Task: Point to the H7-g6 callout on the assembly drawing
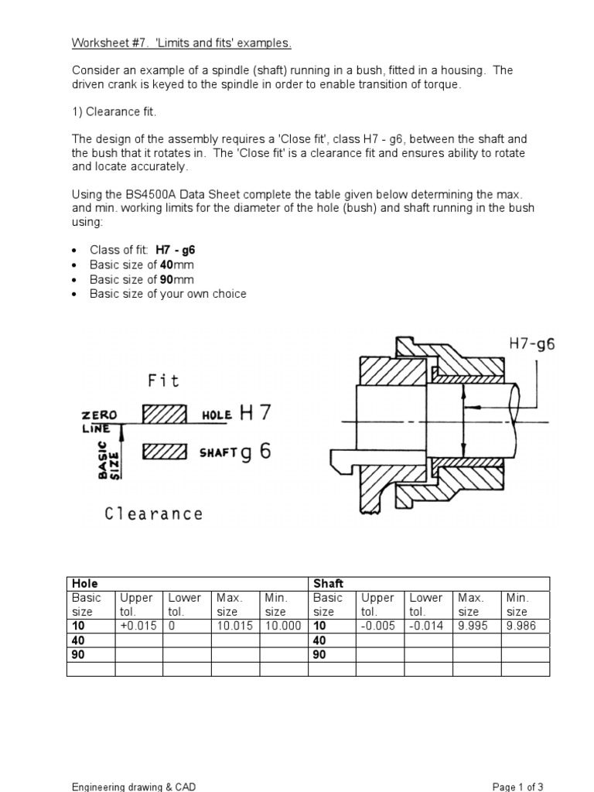coord(532,345)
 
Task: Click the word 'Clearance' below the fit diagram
coord(154,514)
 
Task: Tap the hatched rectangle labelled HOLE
coord(165,415)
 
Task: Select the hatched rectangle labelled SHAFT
coord(165,452)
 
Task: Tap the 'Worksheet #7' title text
coord(109,43)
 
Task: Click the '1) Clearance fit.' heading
coord(114,112)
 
